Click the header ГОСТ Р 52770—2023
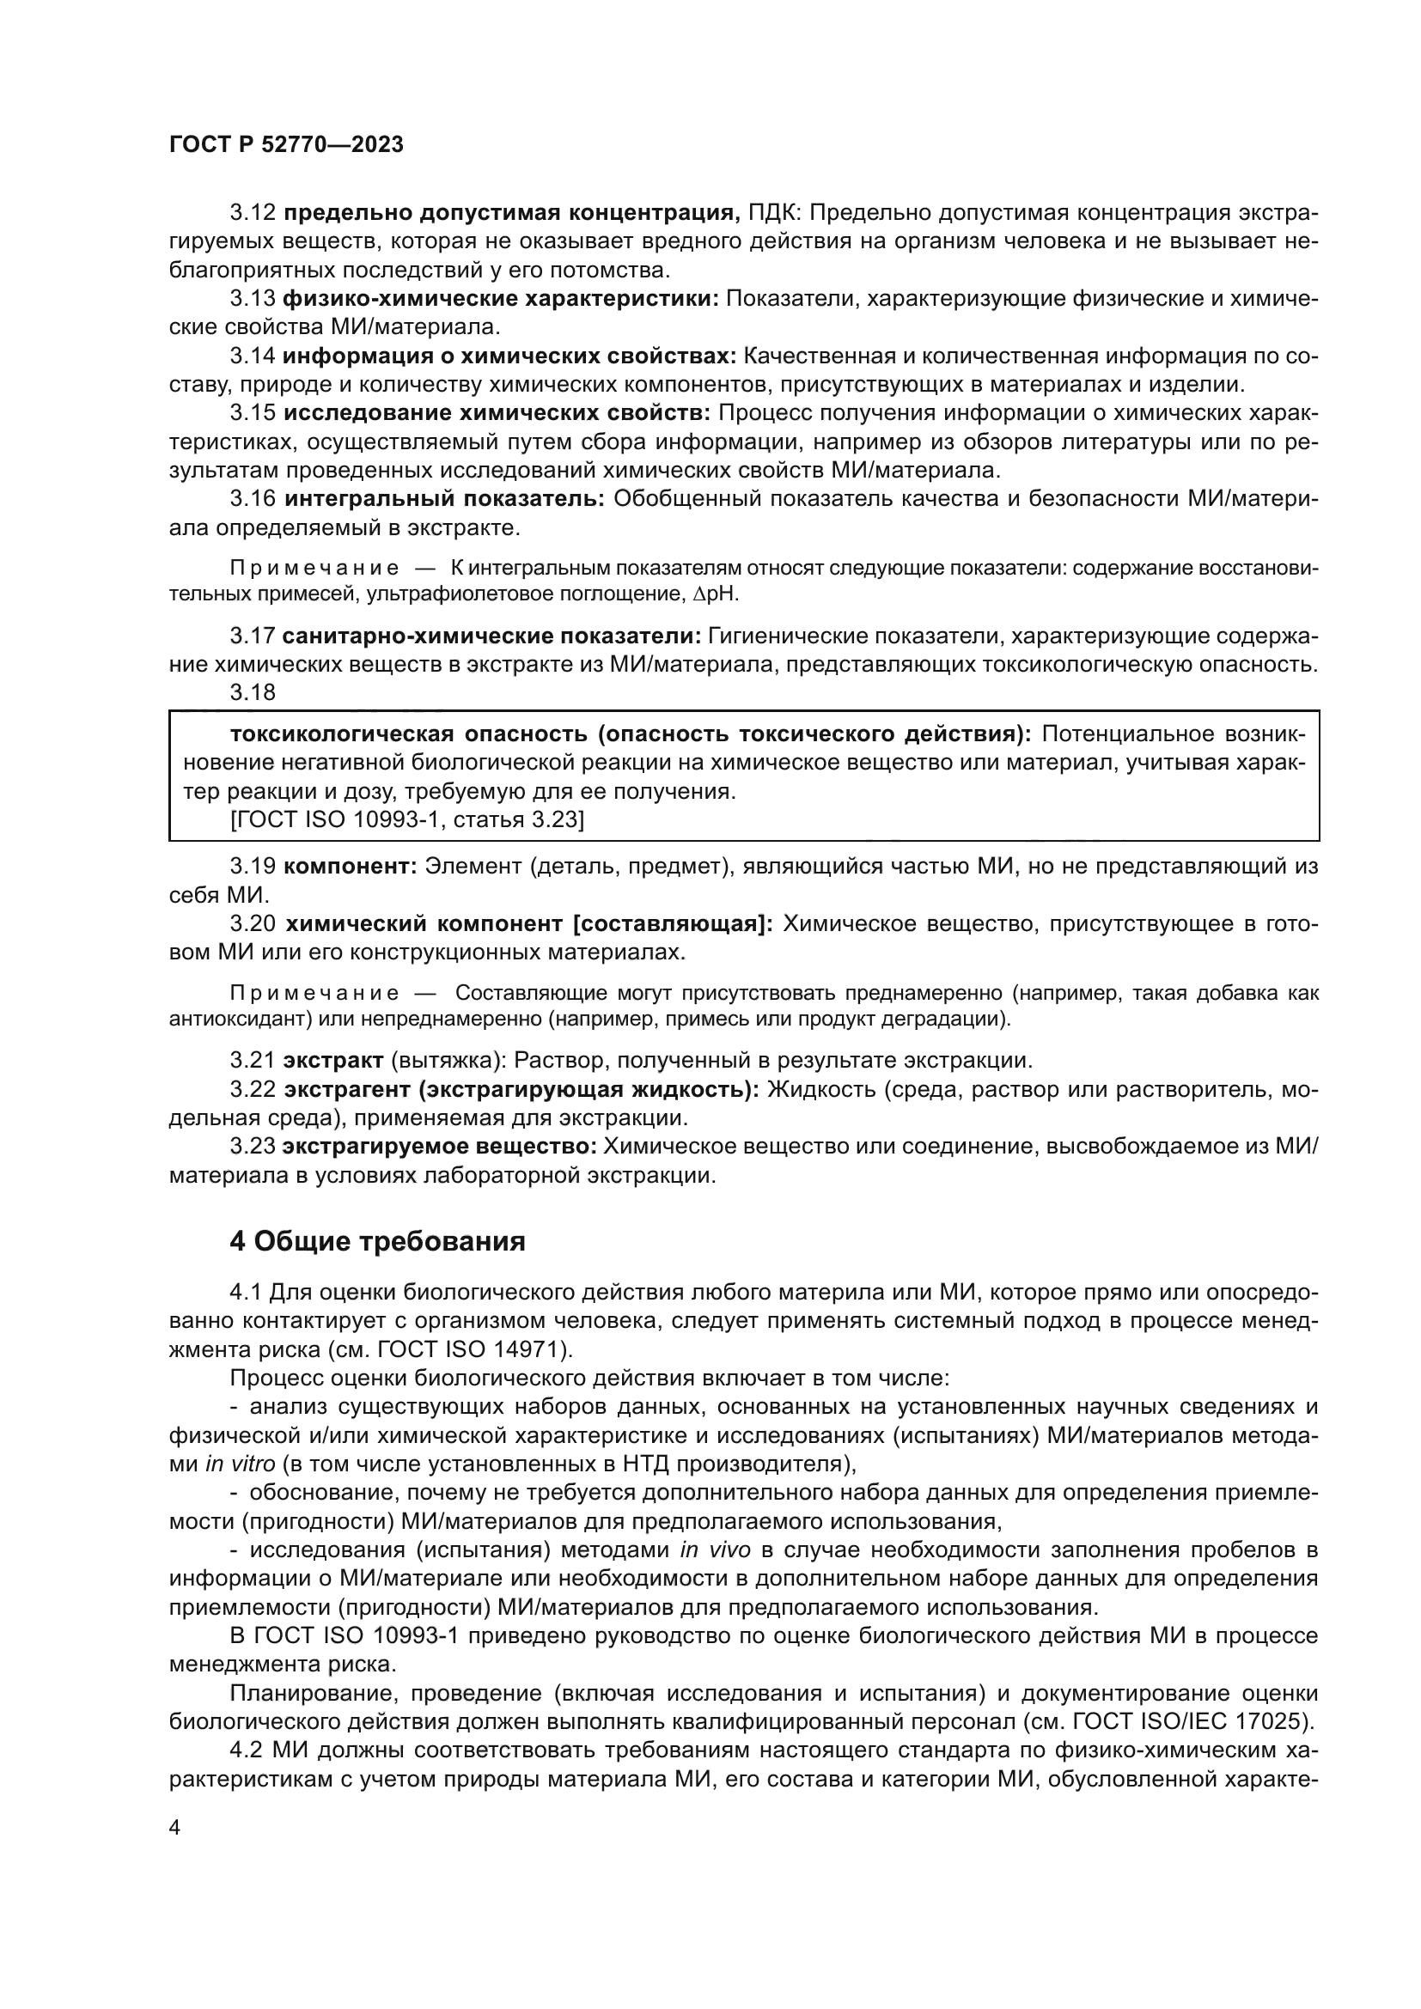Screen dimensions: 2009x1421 [x=286, y=145]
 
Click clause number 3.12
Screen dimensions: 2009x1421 [x=253, y=213]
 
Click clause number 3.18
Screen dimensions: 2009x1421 [x=253, y=692]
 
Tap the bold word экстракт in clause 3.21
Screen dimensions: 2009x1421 [x=332, y=1061]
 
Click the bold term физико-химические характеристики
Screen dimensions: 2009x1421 [x=501, y=298]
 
